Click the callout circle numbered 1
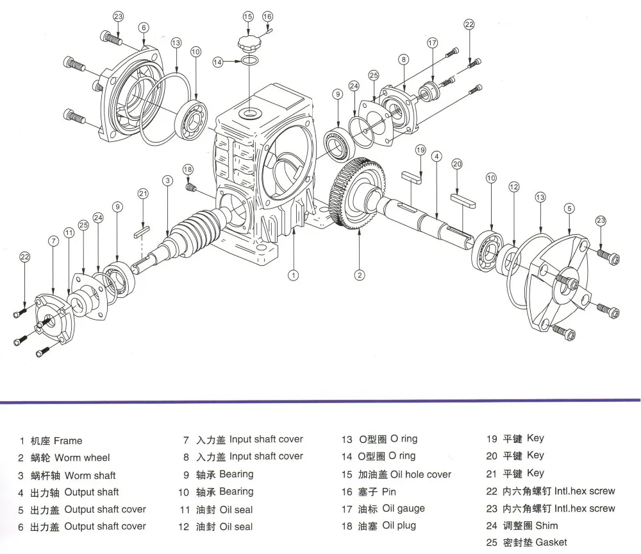click(x=292, y=275)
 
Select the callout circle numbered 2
click(x=360, y=275)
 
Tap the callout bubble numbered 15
click(x=248, y=15)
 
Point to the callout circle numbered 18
click(x=187, y=169)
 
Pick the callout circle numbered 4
click(x=437, y=156)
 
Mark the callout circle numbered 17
click(x=433, y=43)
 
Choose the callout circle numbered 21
click(x=143, y=194)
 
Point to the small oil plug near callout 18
click(x=190, y=187)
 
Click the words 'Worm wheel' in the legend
click(x=82, y=458)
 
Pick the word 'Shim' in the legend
click(x=547, y=525)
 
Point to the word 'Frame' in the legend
click(x=68, y=441)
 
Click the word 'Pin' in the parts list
click(x=389, y=492)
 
